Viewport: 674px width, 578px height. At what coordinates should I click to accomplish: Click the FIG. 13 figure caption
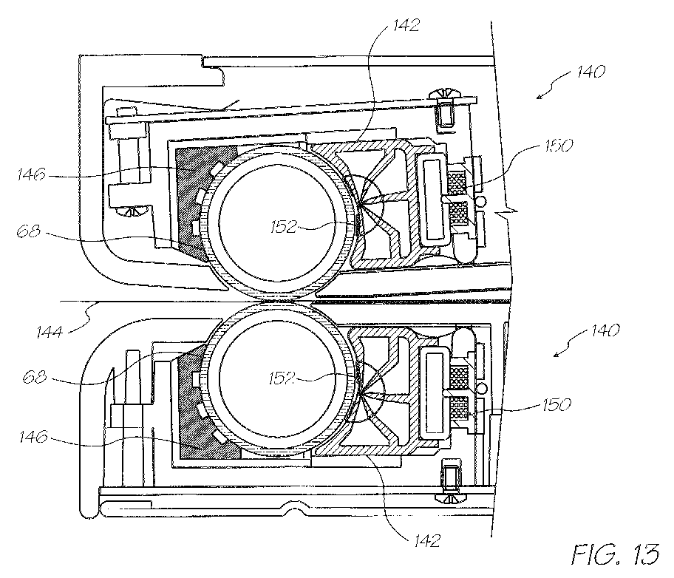tap(616, 554)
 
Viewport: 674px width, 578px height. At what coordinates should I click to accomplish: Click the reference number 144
tap(50, 332)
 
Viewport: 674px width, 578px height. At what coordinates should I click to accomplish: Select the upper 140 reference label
tap(590, 72)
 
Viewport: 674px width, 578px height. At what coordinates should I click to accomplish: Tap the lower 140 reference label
tap(605, 330)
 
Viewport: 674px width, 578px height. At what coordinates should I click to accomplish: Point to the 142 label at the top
tap(406, 25)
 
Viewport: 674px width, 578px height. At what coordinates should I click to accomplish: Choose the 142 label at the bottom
tap(427, 540)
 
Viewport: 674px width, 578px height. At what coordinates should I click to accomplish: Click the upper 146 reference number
tap(31, 174)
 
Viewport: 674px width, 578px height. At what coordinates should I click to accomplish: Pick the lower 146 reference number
tap(33, 438)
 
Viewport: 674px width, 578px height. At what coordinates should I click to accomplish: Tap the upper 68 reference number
tap(28, 232)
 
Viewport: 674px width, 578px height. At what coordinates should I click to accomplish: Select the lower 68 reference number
tap(35, 378)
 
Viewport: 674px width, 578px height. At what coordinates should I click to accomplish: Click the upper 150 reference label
tap(559, 146)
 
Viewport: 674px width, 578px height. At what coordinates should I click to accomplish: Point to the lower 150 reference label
tap(557, 405)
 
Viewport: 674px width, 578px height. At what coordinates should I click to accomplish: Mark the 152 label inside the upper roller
tap(284, 227)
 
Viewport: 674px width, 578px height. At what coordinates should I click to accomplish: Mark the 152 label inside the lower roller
tap(282, 378)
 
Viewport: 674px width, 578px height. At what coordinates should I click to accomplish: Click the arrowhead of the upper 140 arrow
tap(539, 96)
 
